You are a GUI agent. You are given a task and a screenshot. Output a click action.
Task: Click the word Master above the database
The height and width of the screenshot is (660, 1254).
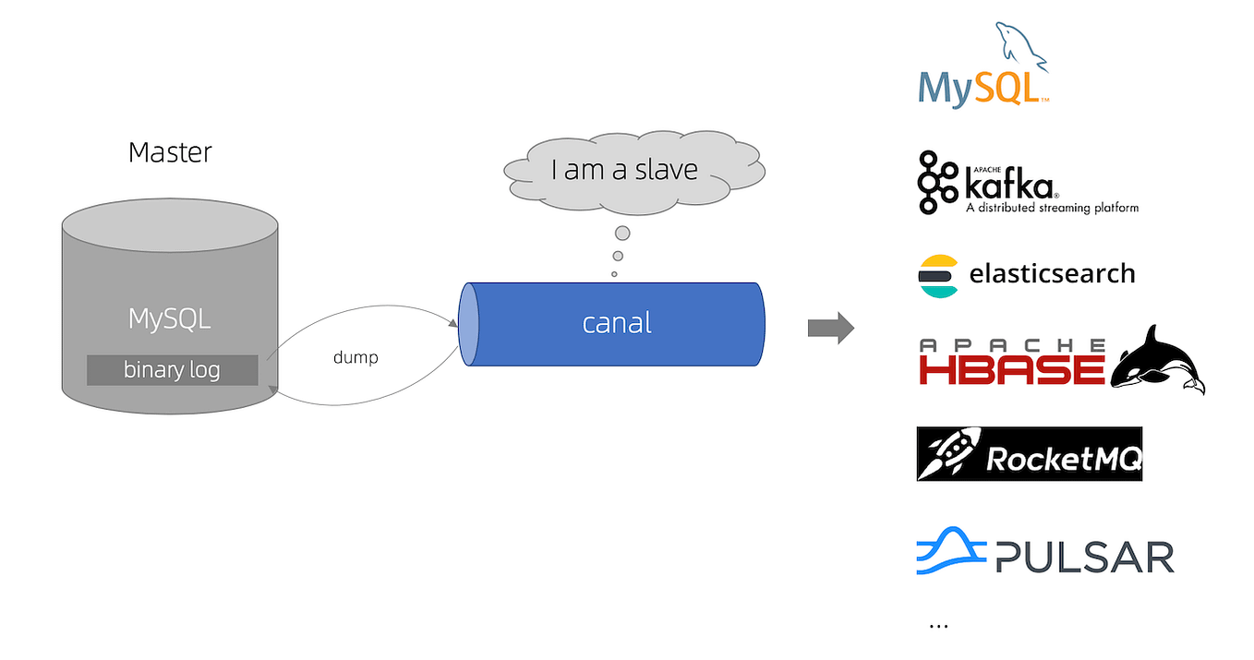[170, 152]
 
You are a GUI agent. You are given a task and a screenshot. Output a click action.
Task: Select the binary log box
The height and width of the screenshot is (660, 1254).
[172, 370]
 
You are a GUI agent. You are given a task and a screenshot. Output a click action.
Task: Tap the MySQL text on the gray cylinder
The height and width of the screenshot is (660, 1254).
[170, 319]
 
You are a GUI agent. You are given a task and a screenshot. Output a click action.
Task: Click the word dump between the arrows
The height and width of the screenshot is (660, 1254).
[356, 357]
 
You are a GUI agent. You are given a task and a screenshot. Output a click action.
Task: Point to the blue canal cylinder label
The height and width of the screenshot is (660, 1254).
[617, 323]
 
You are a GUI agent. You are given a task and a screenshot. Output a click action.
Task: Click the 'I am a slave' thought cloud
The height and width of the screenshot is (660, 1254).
[624, 171]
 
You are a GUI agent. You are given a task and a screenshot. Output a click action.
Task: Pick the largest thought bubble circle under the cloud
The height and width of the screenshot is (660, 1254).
[622, 233]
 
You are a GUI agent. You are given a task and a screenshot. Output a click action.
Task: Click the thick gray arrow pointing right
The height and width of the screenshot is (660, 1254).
[830, 328]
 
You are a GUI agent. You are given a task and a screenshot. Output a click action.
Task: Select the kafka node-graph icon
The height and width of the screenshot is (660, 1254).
[937, 182]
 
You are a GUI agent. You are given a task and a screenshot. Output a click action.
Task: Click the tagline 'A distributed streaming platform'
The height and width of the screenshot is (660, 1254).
[1052, 208]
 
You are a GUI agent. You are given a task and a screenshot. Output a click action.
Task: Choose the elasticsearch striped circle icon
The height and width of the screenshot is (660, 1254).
[938, 275]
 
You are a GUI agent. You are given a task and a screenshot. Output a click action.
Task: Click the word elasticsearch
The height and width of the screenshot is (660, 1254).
[1052, 274]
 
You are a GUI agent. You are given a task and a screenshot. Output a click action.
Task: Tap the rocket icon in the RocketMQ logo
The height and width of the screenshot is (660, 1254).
[949, 454]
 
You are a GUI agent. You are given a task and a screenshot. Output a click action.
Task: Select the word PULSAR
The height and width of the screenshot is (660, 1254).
[1084, 558]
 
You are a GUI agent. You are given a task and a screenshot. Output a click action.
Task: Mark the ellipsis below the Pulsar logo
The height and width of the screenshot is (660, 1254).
[938, 626]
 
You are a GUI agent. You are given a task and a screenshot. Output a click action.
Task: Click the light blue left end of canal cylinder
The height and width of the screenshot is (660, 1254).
[469, 325]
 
